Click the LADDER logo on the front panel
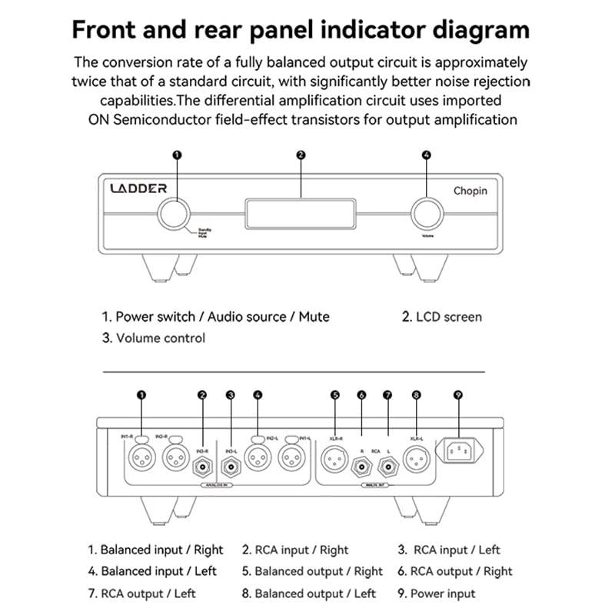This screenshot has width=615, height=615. click(x=138, y=188)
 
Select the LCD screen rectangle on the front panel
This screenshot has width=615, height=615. click(x=301, y=213)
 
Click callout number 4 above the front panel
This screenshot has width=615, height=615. click(x=427, y=155)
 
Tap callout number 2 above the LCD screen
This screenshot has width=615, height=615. click(x=301, y=155)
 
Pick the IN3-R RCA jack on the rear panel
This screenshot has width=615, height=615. click(x=203, y=465)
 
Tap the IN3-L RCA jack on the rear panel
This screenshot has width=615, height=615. click(x=231, y=465)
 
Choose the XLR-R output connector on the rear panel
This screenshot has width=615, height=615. click(x=336, y=460)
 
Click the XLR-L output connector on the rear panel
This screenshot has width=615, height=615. click(x=417, y=460)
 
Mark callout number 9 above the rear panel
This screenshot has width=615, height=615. click(x=458, y=395)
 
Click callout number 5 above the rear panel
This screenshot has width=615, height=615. click(x=335, y=395)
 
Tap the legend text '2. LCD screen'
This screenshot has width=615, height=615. click(x=442, y=316)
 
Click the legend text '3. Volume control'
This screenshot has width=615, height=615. click(x=154, y=337)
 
